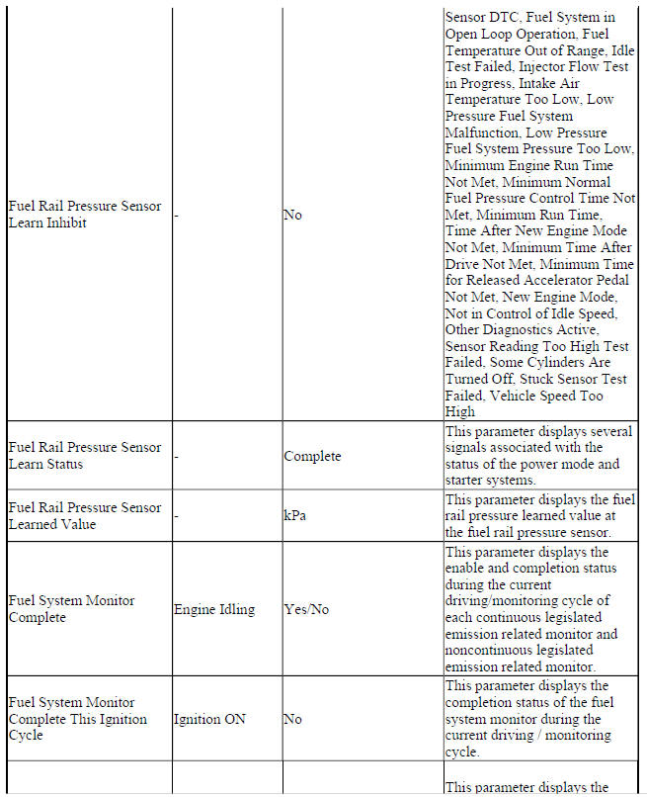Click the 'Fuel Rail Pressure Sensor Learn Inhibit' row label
[84, 215]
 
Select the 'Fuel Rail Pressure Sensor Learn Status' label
[84, 456]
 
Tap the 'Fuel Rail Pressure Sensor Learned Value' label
[84, 515]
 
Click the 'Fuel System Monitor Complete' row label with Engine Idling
[71, 609]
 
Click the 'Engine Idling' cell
[214, 609]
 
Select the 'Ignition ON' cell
[209, 719]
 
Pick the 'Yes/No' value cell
[306, 609]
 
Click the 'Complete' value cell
[312, 456]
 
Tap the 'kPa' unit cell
[294, 515]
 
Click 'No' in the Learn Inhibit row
[292, 215]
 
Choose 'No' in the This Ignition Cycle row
[292, 719]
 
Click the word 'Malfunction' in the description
[484, 133]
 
